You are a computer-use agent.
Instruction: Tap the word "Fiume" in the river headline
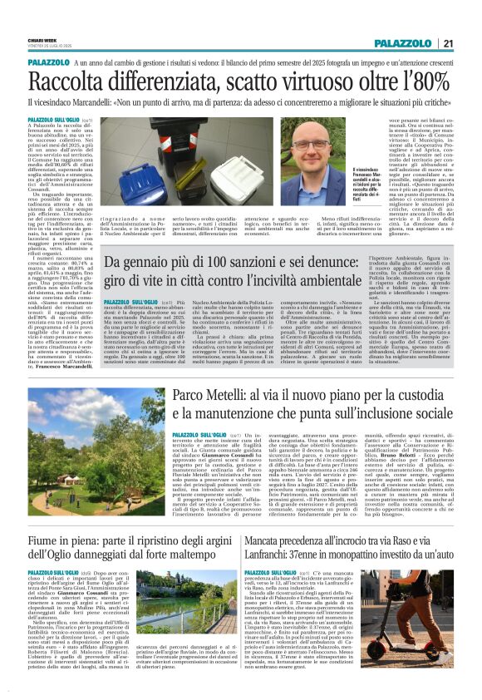50,523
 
